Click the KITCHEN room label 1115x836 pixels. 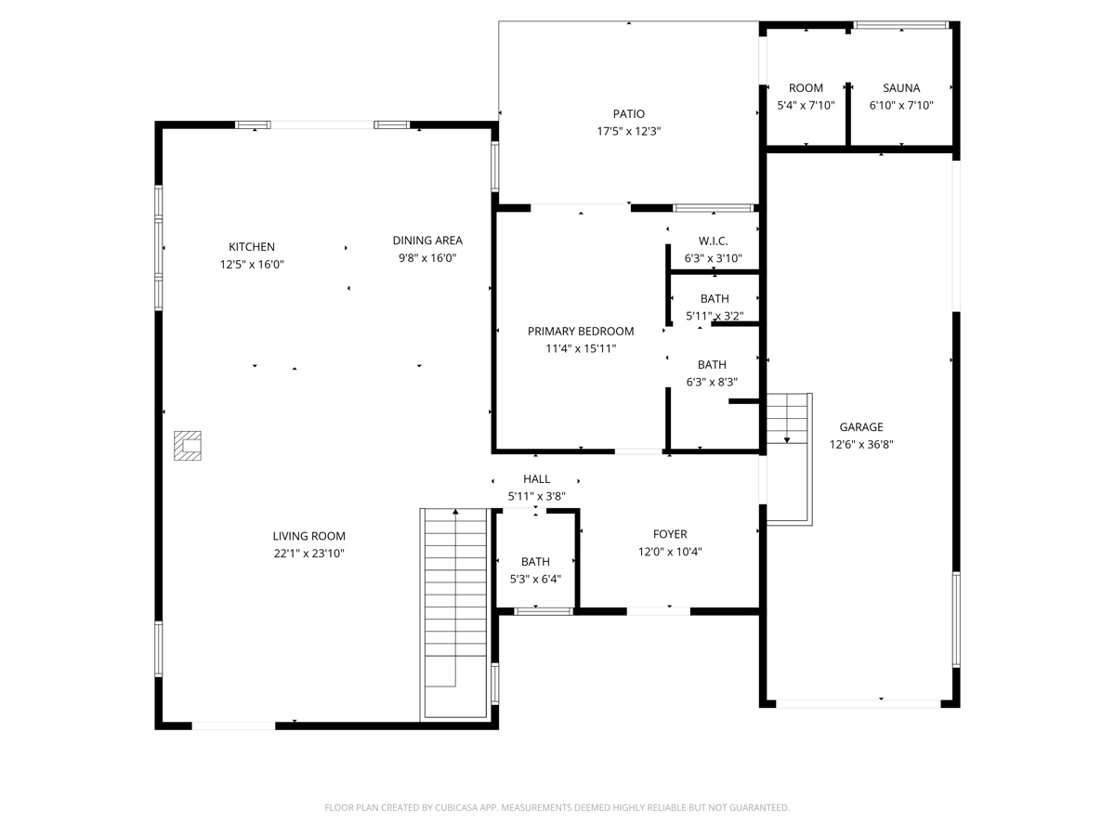point(252,247)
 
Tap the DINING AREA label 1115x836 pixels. point(427,241)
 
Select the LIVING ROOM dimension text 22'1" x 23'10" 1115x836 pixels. point(308,554)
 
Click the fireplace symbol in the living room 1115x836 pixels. point(189,445)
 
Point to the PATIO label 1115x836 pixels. point(628,114)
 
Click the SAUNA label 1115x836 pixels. point(900,88)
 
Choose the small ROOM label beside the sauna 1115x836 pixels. point(806,88)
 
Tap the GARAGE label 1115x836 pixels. point(860,427)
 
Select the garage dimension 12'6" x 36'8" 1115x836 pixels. point(860,445)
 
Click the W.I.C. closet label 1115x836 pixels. point(713,242)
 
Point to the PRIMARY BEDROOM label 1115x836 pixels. point(581,332)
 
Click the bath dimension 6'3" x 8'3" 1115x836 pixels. point(712,382)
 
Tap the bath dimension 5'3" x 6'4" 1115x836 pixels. point(535,579)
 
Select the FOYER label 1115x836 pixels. point(670,534)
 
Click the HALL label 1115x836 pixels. point(536,479)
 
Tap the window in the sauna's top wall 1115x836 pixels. point(900,25)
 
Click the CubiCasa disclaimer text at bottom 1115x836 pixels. point(557,808)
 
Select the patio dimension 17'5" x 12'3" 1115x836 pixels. point(628,132)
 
